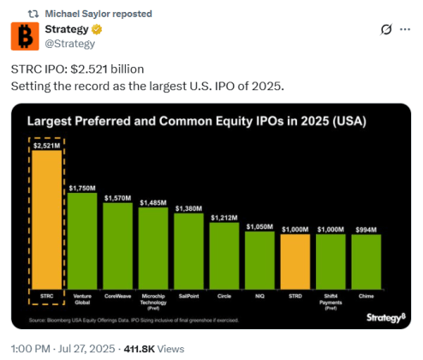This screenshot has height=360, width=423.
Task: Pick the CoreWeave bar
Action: point(118,244)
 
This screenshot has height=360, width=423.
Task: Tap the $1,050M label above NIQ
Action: point(259,226)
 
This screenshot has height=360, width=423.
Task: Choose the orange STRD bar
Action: point(295,261)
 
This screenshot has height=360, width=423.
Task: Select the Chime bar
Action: point(366,261)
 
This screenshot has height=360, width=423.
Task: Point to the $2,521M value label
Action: point(47,146)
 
